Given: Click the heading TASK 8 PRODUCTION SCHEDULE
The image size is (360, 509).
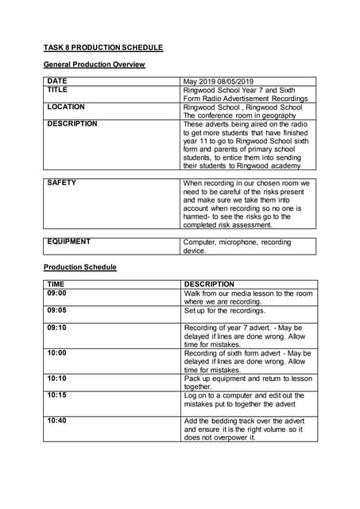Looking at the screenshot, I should pos(103,48).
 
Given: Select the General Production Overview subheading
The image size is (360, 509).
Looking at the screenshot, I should pos(94,64).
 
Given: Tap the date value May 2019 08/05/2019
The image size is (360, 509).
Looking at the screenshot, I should pos(219,81).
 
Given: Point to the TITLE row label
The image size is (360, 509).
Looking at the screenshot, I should pos(58,90).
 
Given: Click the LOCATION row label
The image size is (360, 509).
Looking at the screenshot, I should pos(66,107).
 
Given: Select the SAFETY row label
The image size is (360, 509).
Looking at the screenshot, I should pos(62,183).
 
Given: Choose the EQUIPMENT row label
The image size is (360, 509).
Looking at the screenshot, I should pos(69,242).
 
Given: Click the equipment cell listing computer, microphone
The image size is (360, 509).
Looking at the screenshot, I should pos(237,247).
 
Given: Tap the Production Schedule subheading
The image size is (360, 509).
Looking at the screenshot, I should pos(79,267).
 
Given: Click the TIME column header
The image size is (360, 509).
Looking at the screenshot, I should pos(56,284).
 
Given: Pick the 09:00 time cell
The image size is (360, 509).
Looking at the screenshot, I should pos(56,293).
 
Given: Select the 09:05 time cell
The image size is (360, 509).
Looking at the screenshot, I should pos(56,310).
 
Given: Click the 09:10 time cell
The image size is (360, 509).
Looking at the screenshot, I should pos(56,327).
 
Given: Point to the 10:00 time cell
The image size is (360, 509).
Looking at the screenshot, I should pos(56,352).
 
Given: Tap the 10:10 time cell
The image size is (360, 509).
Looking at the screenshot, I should pos(56,379).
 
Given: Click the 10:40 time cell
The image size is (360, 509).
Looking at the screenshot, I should pos(56,421).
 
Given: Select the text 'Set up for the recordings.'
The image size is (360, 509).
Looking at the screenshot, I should pos(226,310).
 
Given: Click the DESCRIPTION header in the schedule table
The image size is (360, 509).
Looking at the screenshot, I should pos(209,284).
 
